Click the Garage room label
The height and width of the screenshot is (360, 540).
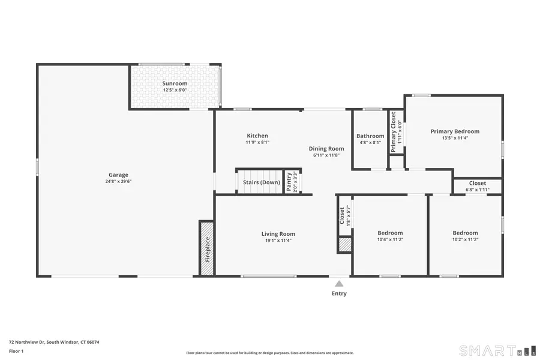coord(118,175)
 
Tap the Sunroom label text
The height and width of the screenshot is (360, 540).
coord(175,83)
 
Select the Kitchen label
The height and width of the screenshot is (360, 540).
coord(257,136)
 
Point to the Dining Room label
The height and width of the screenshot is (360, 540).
coord(326,149)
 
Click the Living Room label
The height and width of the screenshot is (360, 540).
coord(278,234)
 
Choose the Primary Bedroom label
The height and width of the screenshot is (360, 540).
coord(455,131)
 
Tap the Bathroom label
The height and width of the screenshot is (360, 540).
coord(370,136)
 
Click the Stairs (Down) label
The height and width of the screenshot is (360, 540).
coord(261,182)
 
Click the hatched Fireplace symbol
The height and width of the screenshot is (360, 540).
coord(207,248)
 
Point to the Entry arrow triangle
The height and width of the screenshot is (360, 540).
coord(339,284)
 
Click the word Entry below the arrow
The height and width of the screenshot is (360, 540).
coord(339,293)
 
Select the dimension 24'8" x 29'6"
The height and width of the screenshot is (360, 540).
coord(118,181)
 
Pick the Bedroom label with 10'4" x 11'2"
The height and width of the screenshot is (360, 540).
coord(390,233)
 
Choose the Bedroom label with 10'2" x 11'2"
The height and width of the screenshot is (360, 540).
coord(465,233)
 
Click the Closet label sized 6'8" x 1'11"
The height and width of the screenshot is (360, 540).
coord(478,184)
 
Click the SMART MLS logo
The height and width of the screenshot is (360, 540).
coord(497,350)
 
